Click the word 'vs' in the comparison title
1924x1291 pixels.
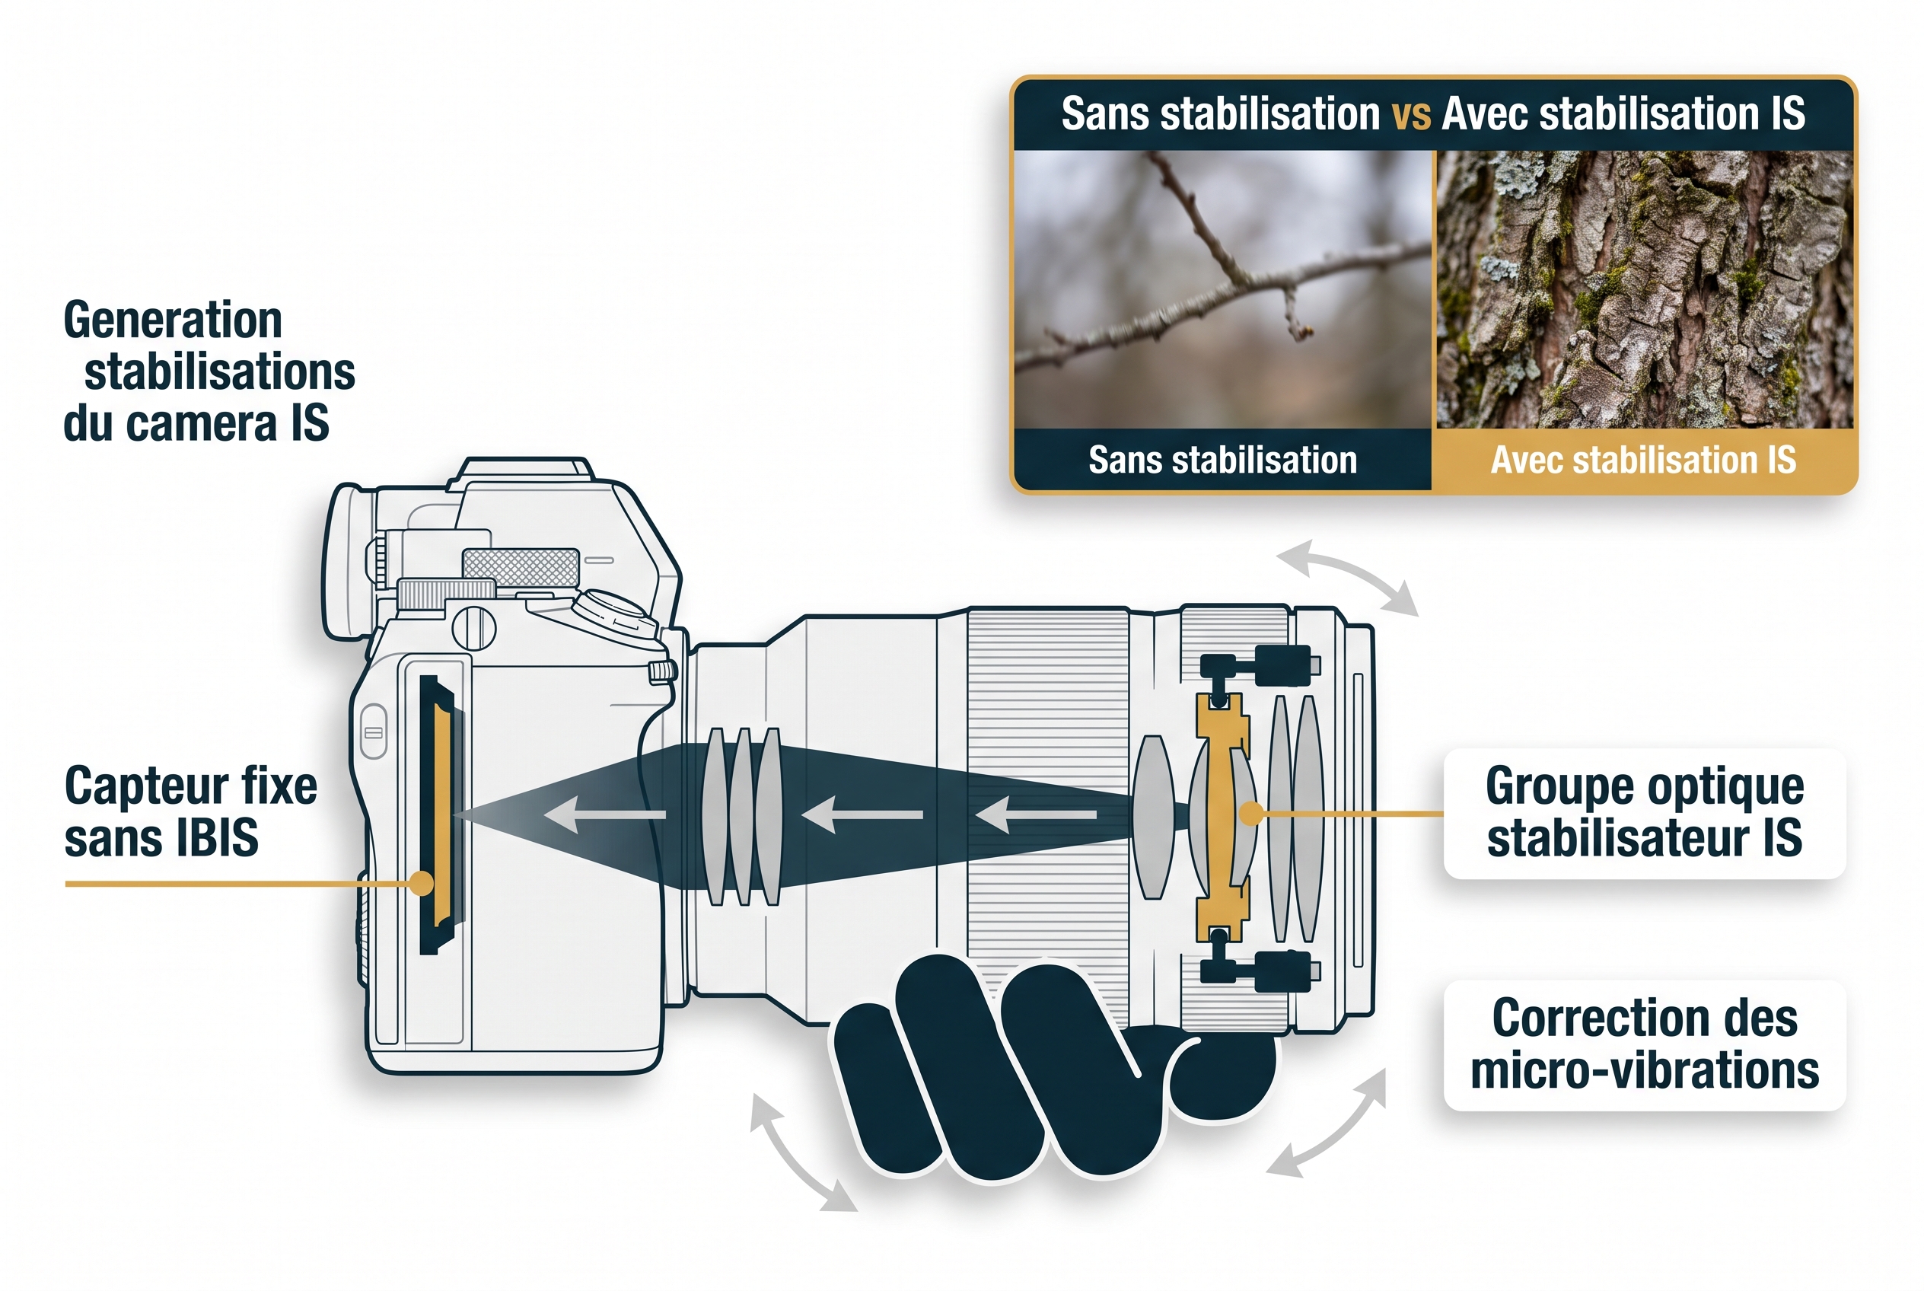tap(1411, 114)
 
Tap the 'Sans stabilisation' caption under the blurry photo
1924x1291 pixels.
tap(1222, 460)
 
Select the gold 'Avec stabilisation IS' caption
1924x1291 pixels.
tap(1643, 460)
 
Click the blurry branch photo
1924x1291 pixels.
tap(1223, 289)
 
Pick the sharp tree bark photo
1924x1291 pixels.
tap(1645, 289)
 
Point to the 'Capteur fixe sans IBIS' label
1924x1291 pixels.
tap(190, 811)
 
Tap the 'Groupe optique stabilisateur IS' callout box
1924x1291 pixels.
tap(1644, 813)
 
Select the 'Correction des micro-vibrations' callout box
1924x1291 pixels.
tap(1644, 1044)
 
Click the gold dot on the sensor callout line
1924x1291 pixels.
tap(422, 884)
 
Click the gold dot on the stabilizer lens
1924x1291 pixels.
tap(1251, 814)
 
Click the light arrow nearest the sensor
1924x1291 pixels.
tap(605, 814)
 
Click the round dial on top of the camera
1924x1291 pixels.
tap(613, 614)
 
